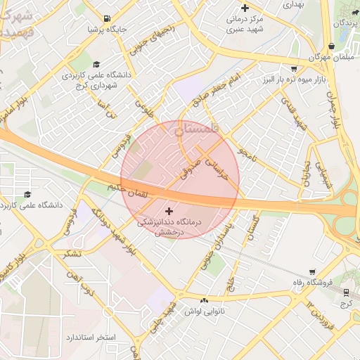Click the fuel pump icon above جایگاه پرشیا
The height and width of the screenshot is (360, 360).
click(x=106, y=18)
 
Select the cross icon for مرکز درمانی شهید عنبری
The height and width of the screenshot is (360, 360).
click(x=245, y=8)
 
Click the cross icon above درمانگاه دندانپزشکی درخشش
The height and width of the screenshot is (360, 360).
click(x=169, y=210)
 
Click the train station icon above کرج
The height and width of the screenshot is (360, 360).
click(x=346, y=291)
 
